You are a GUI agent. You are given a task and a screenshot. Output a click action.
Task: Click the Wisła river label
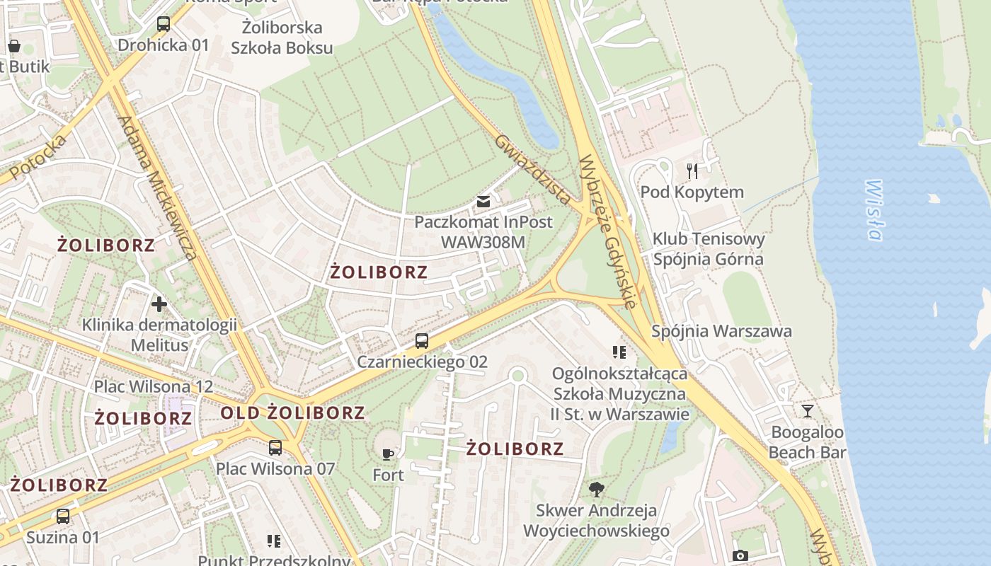tap(874, 210)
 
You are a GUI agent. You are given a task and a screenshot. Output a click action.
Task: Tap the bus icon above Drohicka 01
tap(164, 24)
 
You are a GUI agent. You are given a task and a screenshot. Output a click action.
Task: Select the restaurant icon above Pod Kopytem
tap(692, 171)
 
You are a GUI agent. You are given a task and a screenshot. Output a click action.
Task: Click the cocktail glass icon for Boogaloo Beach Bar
tap(807, 411)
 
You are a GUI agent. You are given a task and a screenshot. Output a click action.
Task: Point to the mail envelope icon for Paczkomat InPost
tap(483, 202)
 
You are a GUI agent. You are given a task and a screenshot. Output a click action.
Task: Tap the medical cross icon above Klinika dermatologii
tap(159, 304)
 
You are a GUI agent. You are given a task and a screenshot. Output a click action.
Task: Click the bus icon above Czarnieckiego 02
tap(422, 341)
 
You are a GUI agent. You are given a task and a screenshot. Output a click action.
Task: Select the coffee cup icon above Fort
tap(388, 454)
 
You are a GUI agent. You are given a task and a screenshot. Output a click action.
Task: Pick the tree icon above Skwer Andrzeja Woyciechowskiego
tap(597, 489)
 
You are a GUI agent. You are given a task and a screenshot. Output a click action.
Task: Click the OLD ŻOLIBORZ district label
tap(293, 412)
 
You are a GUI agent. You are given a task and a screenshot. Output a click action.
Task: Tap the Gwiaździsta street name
tap(532, 169)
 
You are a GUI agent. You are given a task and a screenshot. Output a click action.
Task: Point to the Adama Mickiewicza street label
tap(157, 188)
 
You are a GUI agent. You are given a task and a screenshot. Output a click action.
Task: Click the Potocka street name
tap(39, 156)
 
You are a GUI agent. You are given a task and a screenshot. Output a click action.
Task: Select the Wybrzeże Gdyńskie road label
tap(608, 232)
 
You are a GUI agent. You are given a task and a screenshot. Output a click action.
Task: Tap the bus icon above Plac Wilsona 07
tap(275, 448)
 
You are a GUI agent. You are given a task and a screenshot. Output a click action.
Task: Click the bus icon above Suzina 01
tap(63, 516)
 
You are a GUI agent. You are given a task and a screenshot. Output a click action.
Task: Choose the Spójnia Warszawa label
tap(721, 331)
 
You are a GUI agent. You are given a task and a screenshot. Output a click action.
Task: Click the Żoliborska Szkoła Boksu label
tap(282, 38)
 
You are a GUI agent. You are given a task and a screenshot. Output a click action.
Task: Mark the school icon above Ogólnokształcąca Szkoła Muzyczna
tap(619, 352)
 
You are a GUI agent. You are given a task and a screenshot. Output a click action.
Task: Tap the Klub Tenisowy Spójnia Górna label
tap(709, 248)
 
